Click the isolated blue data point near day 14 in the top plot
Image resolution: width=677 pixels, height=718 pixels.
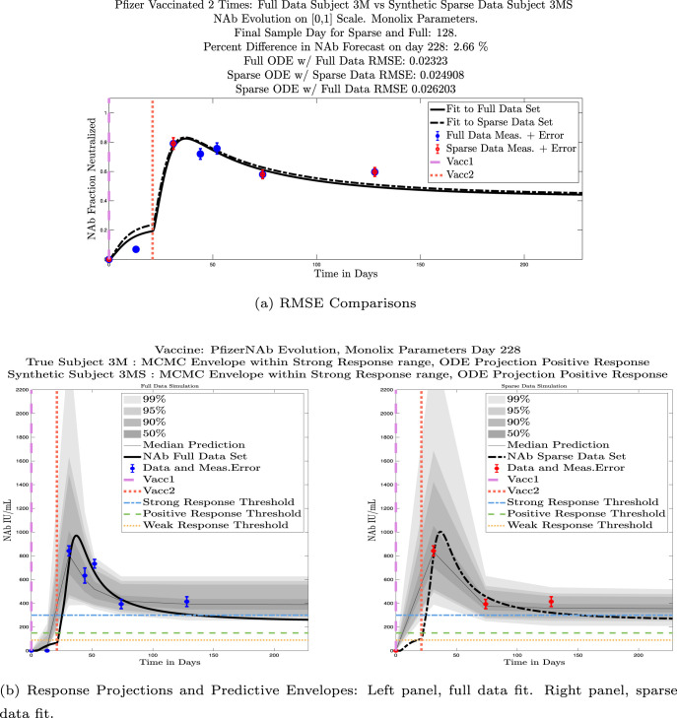pos(136,249)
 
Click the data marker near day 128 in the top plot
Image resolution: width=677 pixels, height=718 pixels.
pos(374,171)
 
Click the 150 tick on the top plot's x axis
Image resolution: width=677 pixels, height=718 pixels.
pos(421,267)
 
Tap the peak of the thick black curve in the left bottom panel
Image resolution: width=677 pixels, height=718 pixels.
pos(77,536)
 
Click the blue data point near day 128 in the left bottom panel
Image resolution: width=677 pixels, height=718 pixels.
pos(186,601)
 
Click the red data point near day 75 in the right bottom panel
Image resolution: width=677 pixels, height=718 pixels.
pos(485,604)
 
